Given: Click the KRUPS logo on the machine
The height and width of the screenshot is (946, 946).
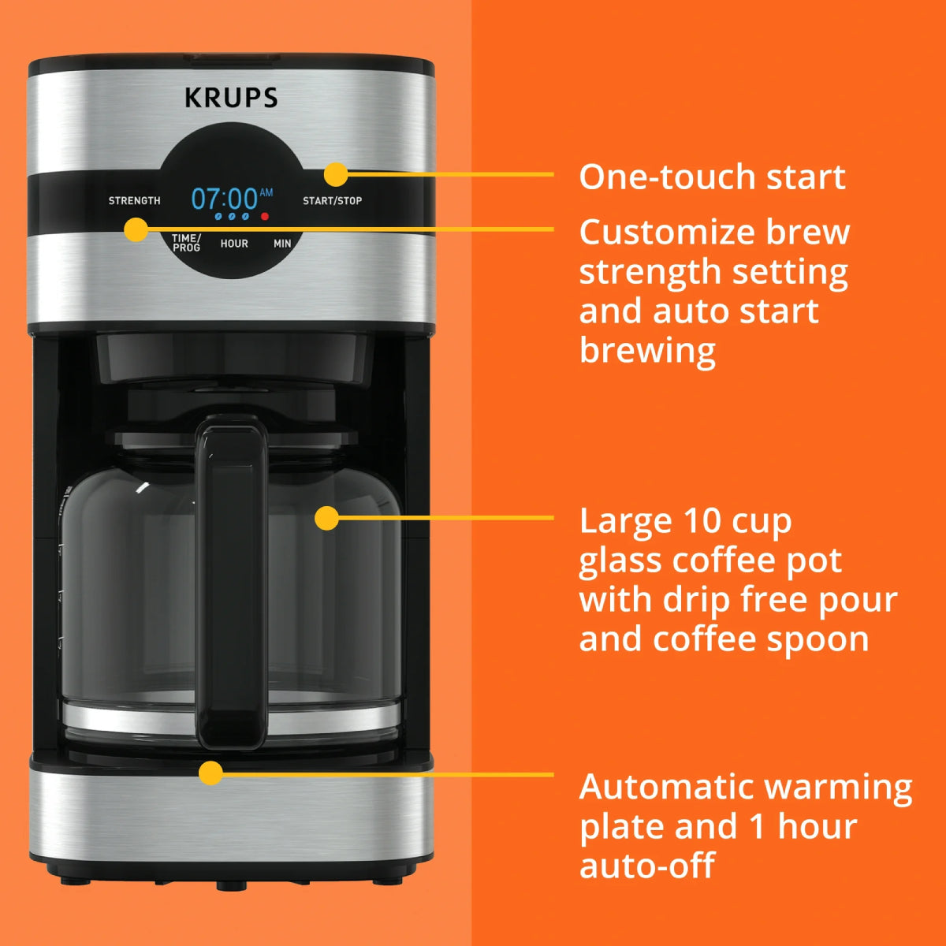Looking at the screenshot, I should [x=231, y=98].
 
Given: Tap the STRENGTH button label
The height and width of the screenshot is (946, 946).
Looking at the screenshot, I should [x=134, y=201].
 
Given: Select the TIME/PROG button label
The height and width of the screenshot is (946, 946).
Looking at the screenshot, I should [x=187, y=243].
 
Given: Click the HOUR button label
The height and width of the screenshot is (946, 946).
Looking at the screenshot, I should [x=234, y=244].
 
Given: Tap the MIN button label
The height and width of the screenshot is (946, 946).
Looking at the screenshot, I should [x=282, y=244].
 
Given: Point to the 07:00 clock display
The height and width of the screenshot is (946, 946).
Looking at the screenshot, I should [x=225, y=198].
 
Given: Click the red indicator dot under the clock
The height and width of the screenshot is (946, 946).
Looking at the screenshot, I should [x=265, y=216].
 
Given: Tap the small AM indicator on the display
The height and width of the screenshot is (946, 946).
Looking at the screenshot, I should [x=266, y=192].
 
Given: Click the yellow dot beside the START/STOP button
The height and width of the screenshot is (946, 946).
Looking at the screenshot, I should [x=336, y=174].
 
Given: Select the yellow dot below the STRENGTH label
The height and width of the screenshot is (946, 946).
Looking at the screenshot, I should [x=136, y=229].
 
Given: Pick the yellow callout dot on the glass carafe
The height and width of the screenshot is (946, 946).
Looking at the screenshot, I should [x=326, y=518].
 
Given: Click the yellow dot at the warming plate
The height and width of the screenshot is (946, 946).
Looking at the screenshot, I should [x=210, y=773].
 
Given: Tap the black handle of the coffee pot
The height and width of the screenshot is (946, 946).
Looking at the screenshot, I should [x=231, y=583].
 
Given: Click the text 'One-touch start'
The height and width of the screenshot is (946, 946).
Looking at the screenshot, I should [x=712, y=177].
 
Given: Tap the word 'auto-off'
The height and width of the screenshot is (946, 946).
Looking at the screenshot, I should [x=646, y=866].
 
